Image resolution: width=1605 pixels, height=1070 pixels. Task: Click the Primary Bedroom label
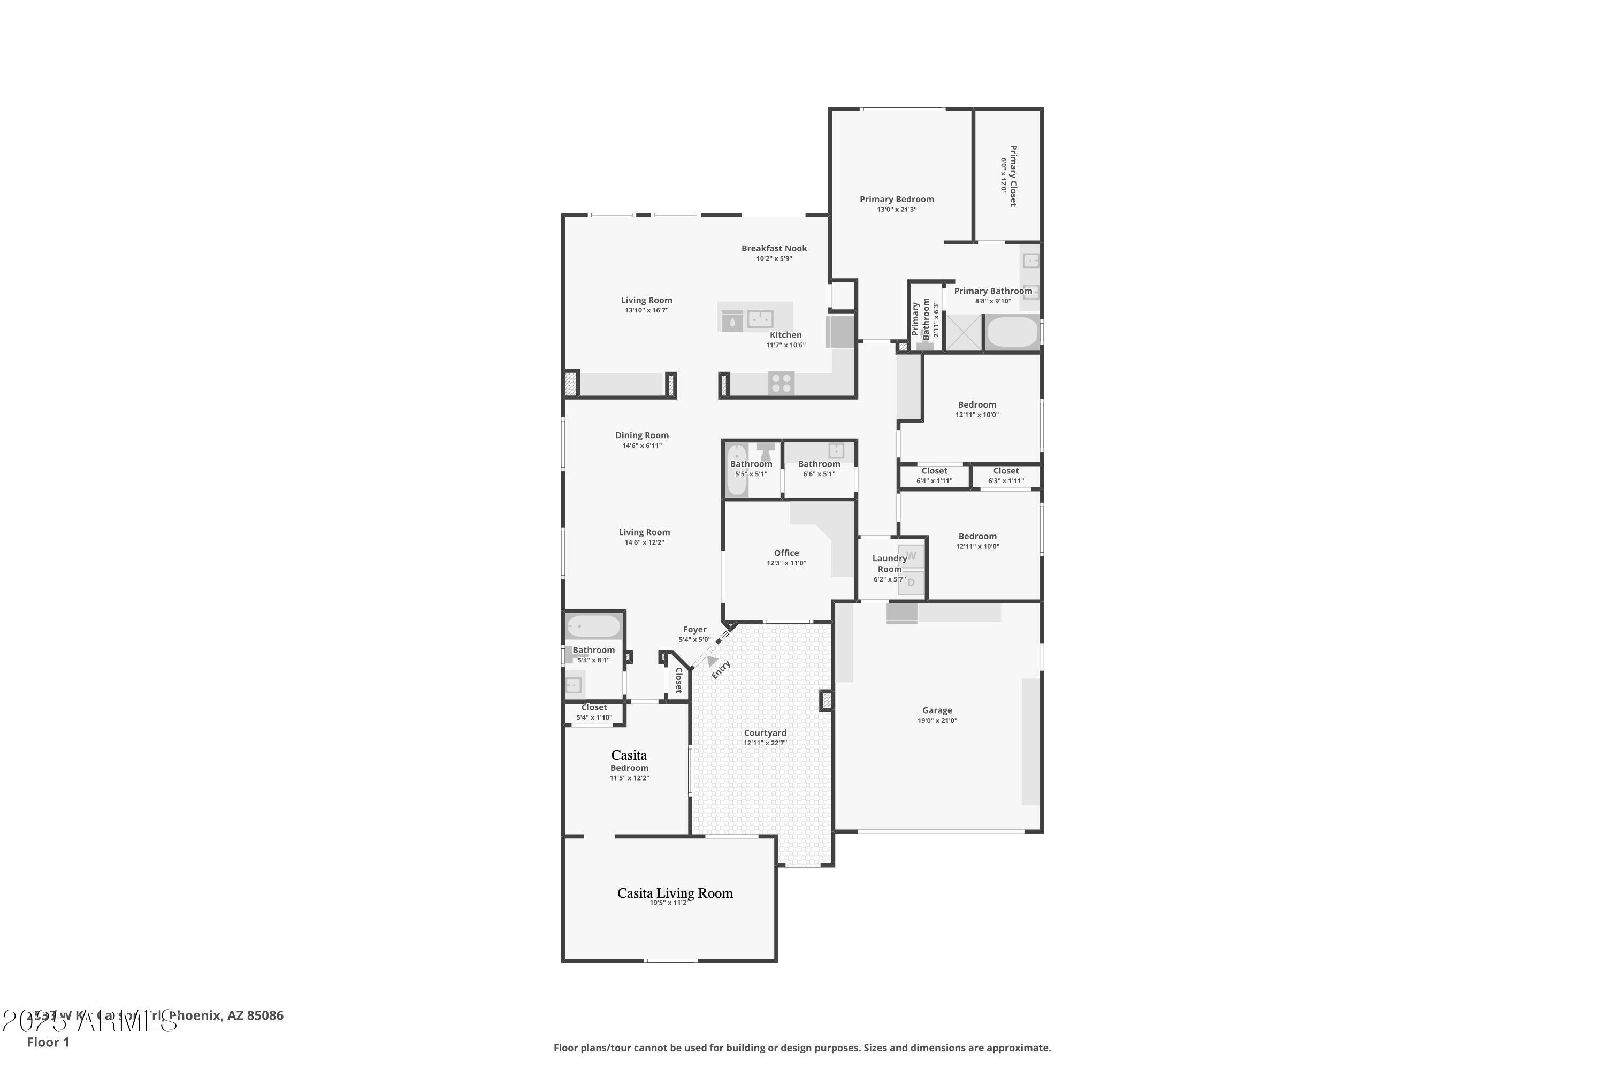896,199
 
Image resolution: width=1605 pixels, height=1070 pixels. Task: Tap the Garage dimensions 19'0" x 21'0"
937,721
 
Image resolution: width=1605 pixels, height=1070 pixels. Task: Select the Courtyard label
765,733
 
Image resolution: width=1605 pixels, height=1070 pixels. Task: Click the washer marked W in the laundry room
911,556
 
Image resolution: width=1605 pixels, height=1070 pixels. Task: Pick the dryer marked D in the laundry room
911,583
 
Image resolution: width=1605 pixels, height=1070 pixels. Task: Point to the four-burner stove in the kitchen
781,383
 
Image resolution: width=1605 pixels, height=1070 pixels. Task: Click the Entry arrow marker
712,661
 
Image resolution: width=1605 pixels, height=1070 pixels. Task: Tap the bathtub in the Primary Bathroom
1013,333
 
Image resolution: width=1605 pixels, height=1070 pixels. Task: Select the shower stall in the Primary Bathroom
964,333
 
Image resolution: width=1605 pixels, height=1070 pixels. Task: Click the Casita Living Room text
675,893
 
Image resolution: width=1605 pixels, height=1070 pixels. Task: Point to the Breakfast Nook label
774,248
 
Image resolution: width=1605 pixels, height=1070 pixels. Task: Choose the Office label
786,553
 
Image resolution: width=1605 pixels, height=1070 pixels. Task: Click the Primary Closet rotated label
1013,175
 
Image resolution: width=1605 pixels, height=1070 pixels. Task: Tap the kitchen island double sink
760,319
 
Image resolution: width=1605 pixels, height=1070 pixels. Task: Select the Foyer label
694,630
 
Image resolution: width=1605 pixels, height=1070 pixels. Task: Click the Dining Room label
641,435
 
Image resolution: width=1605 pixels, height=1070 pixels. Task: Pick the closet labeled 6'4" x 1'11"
934,476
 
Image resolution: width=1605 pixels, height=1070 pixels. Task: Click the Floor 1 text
48,1042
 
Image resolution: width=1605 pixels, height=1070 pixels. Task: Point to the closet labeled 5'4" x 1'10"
594,713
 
